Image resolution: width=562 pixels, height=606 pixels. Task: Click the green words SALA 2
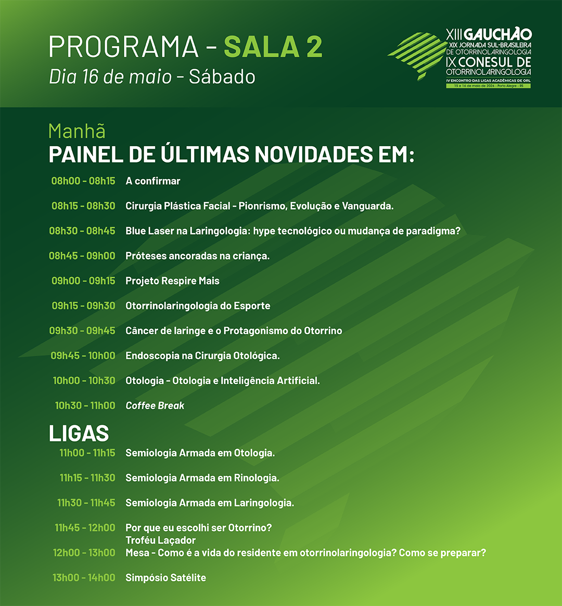[273, 47]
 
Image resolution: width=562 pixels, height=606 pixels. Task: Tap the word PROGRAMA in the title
[124, 47]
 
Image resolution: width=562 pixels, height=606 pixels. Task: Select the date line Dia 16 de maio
[110, 76]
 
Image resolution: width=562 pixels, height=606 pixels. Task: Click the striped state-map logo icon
[417, 56]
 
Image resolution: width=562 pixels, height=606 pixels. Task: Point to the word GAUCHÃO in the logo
[498, 34]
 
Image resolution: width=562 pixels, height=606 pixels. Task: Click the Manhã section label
[77, 131]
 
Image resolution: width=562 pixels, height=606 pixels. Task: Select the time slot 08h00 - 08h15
[83, 181]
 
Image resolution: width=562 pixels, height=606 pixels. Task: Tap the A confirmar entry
[152, 181]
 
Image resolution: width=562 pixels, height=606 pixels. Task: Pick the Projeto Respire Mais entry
[172, 281]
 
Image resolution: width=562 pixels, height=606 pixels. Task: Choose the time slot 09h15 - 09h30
[83, 306]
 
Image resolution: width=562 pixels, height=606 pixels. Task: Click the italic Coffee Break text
[155, 405]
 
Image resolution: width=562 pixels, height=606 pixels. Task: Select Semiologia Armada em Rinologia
[202, 478]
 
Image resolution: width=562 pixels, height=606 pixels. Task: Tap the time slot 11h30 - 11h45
[86, 503]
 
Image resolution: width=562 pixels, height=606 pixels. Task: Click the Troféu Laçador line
[160, 540]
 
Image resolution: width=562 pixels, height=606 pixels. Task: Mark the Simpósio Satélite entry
[166, 578]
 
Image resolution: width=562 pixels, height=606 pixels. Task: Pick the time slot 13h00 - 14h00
[84, 578]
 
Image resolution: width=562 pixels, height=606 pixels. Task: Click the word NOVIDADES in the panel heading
[313, 154]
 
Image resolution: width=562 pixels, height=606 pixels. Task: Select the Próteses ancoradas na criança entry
[198, 256]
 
